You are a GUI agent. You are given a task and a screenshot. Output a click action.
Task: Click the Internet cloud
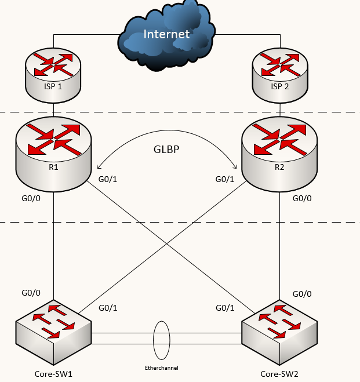pos(166,35)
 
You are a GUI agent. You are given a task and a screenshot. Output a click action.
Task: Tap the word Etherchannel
pos(162,368)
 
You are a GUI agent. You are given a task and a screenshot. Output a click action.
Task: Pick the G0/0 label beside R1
pos(31,198)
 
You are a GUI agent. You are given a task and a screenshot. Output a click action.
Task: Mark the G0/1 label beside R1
pos(108,180)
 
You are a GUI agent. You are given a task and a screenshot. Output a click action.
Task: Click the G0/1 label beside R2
pos(225,180)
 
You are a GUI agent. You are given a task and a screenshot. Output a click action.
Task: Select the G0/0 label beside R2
pos(302,198)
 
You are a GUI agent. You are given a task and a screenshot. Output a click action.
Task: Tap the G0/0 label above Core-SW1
pos(31,293)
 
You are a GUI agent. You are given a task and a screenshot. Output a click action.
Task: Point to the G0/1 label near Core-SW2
pos(225,307)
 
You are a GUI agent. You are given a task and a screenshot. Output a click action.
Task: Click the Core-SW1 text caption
pos(53,373)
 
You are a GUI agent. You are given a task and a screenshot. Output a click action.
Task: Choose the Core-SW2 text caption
pos(280,373)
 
